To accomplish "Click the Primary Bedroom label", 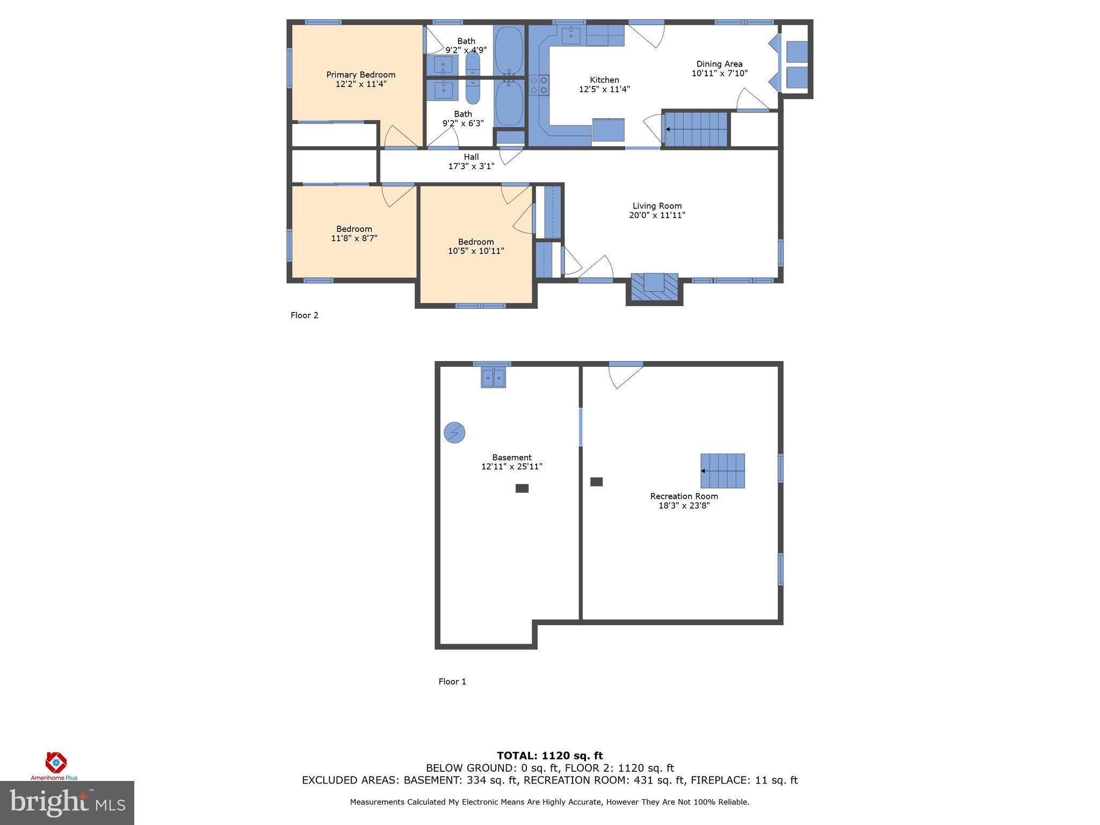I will tap(360, 75).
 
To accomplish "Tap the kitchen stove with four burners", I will tap(539, 85).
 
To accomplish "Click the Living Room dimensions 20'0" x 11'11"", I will tap(657, 215).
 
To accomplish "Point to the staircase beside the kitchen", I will tap(696, 129).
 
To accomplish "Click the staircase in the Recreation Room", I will tap(722, 471).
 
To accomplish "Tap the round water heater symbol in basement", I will tap(454, 432).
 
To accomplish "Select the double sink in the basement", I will tap(493, 378).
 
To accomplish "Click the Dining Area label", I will tap(719, 64).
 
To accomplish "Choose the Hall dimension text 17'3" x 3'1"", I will tap(471, 167).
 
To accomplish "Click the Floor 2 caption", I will tap(304, 315).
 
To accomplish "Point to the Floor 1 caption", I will tap(452, 682).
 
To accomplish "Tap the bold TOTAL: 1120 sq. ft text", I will tap(549, 756).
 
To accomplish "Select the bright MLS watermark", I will tap(67, 802).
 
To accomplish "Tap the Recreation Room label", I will tap(684, 496).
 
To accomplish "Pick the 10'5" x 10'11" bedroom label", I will tap(476, 246).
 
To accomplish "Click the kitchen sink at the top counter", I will tap(570, 36).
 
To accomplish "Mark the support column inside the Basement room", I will tap(522, 488).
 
